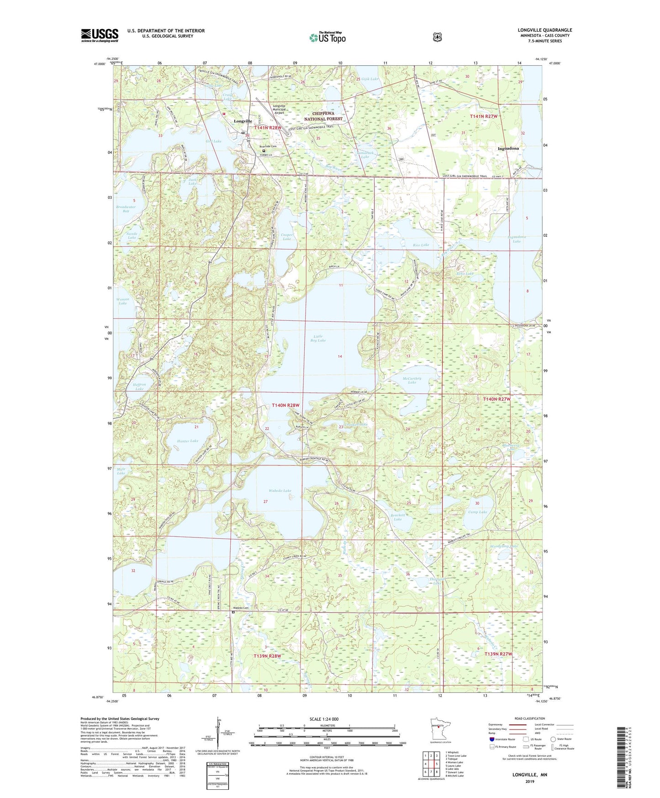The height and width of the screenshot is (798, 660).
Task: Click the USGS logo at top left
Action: pyautogui.click(x=100, y=35)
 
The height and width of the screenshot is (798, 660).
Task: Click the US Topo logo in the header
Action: pyautogui.click(x=327, y=37)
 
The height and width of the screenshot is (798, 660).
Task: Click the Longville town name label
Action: pyautogui.click(x=243, y=121)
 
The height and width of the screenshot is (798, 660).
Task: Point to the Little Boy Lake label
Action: pyautogui.click(x=318, y=338)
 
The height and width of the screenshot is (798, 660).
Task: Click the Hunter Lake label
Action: pyautogui.click(x=187, y=441)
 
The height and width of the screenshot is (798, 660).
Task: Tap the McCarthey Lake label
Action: pyautogui.click(x=412, y=380)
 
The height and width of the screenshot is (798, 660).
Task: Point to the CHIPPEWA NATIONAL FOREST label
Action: pyautogui.click(x=323, y=116)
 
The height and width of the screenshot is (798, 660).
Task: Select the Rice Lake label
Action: pyautogui.click(x=421, y=245)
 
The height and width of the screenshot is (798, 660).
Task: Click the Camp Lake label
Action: pyautogui.click(x=477, y=512)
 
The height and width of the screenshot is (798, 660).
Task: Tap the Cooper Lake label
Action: pyautogui.click(x=287, y=237)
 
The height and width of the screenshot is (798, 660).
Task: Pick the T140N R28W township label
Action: pyautogui.click(x=285, y=405)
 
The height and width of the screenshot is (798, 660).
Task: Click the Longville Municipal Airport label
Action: pyautogui.click(x=279, y=109)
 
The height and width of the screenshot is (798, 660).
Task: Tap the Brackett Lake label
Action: pyautogui.click(x=398, y=517)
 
